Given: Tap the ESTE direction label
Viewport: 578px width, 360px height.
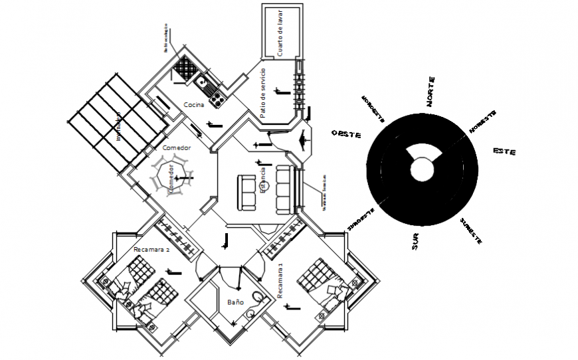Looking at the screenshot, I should (504, 151).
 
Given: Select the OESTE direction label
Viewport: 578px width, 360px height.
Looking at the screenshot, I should (345, 134).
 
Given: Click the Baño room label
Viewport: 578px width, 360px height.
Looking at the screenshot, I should (235, 302).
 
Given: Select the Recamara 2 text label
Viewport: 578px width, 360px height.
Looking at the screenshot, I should (151, 250).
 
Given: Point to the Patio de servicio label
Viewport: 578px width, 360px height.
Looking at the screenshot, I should (263, 93).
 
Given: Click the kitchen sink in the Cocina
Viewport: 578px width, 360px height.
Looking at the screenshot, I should (201, 82).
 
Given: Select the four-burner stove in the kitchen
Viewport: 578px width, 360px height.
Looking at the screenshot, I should (217, 100).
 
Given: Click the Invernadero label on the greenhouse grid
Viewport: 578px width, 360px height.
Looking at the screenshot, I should (119, 126).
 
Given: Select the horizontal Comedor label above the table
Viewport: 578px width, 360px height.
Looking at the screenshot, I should (176, 147).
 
